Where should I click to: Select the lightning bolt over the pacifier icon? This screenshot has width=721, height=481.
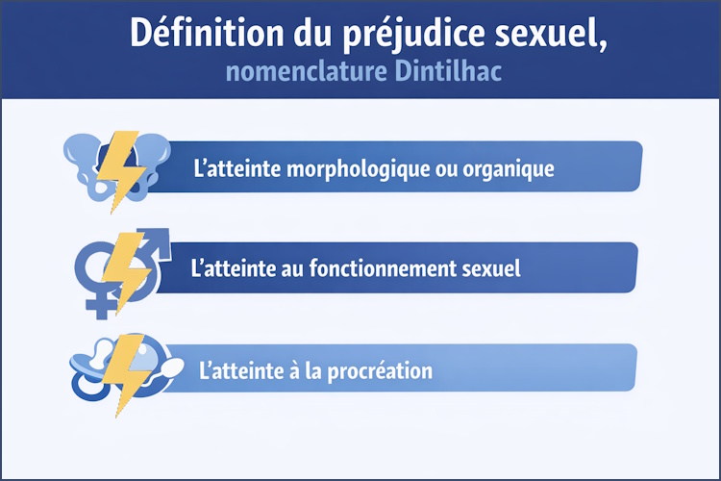point(124,371)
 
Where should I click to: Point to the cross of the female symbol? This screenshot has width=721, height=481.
point(99,306)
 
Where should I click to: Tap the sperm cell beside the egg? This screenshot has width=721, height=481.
point(173,367)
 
